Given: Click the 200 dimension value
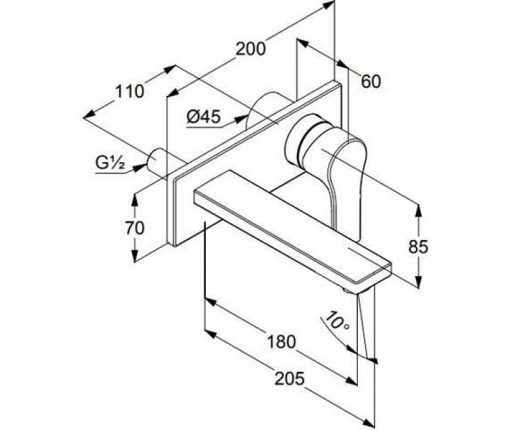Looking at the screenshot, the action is pos(251,49).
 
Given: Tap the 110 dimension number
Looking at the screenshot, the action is pos(129,91).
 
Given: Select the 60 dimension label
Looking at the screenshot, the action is pos(370,81).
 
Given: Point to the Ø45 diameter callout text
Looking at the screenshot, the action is pos(203,117).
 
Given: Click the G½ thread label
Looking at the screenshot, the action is pos(110,163).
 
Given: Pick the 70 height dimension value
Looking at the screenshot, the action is pos(134,228).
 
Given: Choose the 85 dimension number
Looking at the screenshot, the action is pos(418,247).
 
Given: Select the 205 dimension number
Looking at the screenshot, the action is pos(290,378).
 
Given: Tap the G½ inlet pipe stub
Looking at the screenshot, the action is pos(157,163).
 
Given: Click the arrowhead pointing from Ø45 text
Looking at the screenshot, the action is pos(242,118).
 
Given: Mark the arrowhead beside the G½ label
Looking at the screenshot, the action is pos(140,167).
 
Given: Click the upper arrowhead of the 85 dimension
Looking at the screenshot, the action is pos(418,210).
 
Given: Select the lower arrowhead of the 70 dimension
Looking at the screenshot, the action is pos(134,255).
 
